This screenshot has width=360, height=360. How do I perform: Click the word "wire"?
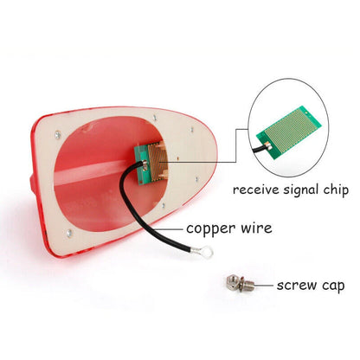[256, 228]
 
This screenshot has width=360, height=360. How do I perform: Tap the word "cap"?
[333, 286]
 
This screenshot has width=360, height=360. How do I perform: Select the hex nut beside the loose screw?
[232, 281]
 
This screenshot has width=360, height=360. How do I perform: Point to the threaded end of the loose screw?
[250, 286]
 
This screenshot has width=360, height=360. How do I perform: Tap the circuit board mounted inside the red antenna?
[151, 164]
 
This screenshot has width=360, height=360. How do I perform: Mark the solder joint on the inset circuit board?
[268, 146]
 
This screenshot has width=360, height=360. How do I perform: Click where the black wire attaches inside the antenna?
[145, 164]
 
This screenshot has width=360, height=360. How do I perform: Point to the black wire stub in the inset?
[259, 149]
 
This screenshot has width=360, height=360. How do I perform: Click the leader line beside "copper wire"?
[170, 229]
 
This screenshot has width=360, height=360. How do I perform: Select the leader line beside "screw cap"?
[263, 286]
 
